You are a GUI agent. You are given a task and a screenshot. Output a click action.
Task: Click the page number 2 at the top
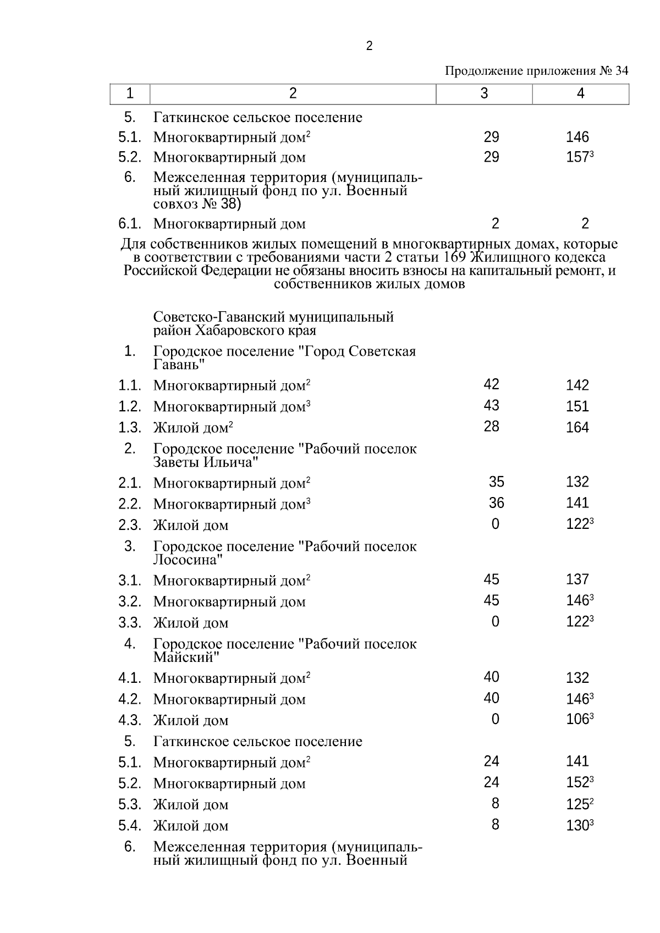click(x=369, y=46)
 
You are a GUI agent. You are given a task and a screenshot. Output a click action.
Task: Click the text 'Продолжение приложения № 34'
click(x=536, y=71)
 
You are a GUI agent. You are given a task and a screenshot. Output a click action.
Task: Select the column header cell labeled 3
click(x=483, y=93)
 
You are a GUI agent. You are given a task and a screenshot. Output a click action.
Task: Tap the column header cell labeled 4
click(x=580, y=93)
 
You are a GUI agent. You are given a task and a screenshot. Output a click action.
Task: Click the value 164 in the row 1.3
click(x=577, y=427)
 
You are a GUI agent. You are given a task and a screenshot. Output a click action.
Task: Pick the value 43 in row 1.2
click(x=491, y=406)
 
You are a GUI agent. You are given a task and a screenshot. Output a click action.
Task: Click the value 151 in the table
click(x=577, y=406)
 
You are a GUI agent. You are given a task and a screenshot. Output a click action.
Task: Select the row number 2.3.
click(x=130, y=525)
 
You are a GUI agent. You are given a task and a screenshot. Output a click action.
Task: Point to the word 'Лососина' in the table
click(x=188, y=560)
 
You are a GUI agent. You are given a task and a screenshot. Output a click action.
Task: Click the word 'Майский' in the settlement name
click(x=186, y=657)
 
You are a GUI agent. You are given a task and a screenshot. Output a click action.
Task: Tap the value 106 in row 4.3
click(x=577, y=719)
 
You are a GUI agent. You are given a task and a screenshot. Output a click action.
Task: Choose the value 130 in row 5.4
click(x=577, y=825)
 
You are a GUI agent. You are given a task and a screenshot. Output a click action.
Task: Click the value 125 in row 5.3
click(x=577, y=804)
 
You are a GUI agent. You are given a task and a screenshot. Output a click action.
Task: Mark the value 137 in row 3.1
click(x=577, y=579)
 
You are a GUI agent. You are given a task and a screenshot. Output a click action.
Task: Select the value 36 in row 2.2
click(x=496, y=503)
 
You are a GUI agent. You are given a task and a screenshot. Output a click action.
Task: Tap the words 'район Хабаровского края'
click(x=234, y=330)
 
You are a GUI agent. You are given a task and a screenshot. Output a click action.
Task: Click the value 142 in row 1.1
click(x=577, y=385)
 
